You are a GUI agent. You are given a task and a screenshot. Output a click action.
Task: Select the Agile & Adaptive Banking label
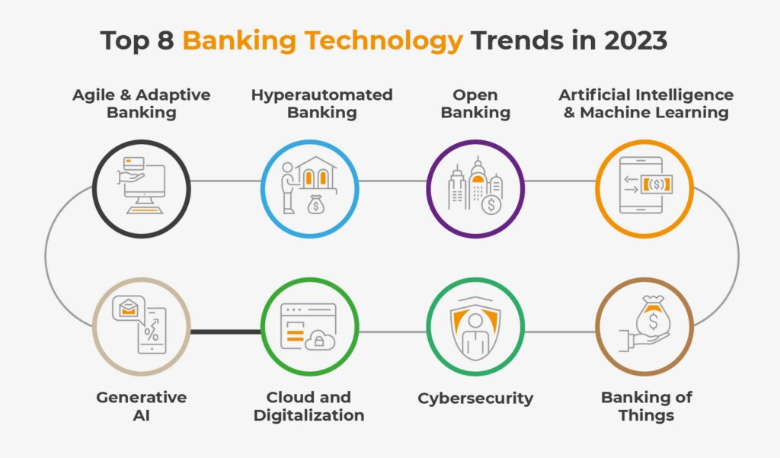pos(141,104)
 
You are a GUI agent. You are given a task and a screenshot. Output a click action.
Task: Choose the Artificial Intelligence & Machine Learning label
pos(645,104)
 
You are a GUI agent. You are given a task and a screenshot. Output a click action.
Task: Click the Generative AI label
pos(141,406)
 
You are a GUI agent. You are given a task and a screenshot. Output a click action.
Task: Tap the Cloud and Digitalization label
pos(308,406)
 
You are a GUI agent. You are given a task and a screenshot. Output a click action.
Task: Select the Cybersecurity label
pos(475,398)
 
